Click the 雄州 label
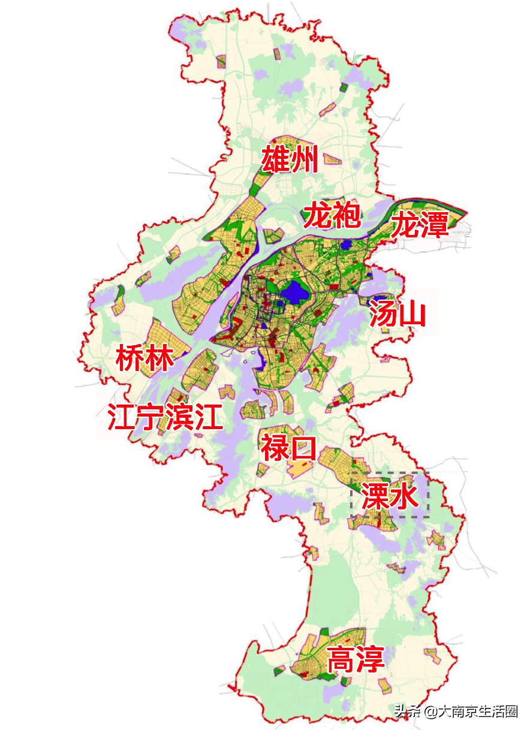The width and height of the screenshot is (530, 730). pos(289,159)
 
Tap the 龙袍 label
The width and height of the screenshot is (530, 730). pos(332,216)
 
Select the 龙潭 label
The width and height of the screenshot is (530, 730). pos(420,226)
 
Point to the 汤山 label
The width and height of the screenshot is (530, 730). pos(397,314)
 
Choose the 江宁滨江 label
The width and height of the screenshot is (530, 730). pos(165,417)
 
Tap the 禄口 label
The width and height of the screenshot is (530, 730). pos(288,448)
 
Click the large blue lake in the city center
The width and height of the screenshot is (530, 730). pos(293,293)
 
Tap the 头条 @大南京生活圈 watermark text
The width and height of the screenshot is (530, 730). pos(455,711)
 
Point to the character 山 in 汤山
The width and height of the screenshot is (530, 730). pos(412,314)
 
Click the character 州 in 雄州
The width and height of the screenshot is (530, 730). pos(304,159)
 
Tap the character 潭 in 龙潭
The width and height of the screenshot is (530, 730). pos(435,226)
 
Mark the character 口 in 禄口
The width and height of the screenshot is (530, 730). pos(303,448)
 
